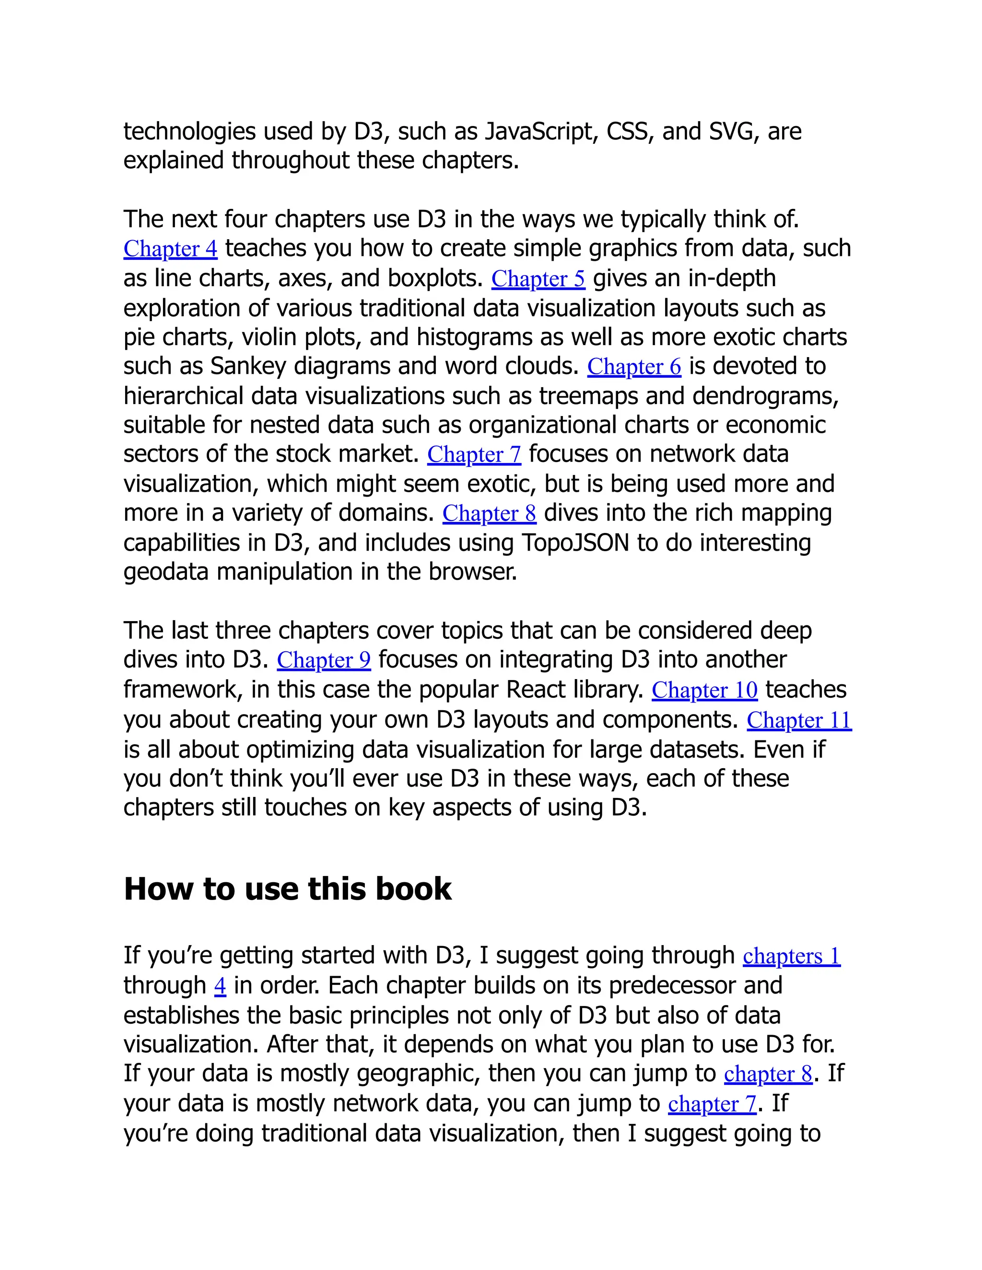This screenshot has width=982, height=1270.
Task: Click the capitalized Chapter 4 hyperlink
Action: [170, 249]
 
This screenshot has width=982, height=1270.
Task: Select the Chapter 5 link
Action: [538, 278]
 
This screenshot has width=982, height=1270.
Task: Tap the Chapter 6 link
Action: [633, 366]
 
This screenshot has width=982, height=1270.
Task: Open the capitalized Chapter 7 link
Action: [474, 454]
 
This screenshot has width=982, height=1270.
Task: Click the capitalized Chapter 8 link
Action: [489, 513]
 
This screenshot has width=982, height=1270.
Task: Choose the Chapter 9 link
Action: [324, 660]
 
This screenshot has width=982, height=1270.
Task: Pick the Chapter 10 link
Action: [704, 690]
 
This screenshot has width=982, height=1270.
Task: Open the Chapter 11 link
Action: [799, 720]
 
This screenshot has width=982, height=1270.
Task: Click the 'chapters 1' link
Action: [791, 956]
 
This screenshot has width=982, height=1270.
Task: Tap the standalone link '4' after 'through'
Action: [220, 986]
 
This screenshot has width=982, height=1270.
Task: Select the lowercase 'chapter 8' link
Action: [768, 1074]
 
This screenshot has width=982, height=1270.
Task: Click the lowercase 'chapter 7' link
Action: [712, 1104]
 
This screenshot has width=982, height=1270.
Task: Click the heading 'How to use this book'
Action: [287, 889]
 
